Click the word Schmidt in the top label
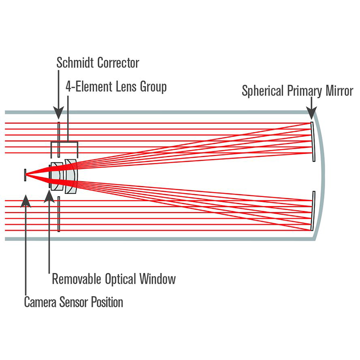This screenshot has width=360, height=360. click(76, 63)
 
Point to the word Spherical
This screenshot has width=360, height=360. click(263, 91)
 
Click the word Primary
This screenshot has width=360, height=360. click(303, 91)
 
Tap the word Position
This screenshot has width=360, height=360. click(108, 301)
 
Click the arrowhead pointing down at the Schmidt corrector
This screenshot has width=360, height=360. click(58, 113)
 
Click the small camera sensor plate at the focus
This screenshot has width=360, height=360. click(26, 175)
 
